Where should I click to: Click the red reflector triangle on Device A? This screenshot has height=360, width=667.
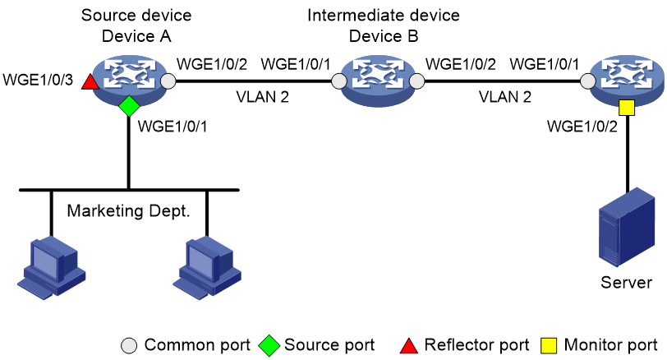pos(90,82)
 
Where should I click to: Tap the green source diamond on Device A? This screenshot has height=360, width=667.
pos(129,105)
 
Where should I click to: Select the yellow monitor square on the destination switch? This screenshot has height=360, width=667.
pos(627,108)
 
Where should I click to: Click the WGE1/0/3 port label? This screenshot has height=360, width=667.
pos(38,80)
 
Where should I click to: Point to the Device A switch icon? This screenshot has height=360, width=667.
pos(130,81)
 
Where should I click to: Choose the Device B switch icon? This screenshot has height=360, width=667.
pos(378,81)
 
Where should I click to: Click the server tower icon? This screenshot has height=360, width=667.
pos(626,227)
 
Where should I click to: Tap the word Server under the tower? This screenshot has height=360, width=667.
pos(626,282)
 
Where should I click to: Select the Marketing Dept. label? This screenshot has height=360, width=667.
pos(128,211)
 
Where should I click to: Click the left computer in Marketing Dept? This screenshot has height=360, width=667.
pos(52,268)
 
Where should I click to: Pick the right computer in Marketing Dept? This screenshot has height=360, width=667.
pos(207,268)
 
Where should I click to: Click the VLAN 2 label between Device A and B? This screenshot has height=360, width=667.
pos(263,97)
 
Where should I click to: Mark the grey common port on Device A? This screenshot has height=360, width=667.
pos(168,81)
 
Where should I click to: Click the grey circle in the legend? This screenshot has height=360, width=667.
pos(129,345)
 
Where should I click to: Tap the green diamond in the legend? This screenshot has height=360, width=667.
pos(269,345)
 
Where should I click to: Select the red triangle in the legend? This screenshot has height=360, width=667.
pos(409,346)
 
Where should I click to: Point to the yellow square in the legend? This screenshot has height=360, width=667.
pos(549,345)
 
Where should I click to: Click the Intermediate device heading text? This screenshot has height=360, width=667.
pos(384,16)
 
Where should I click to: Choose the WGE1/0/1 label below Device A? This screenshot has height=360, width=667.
pos(172,127)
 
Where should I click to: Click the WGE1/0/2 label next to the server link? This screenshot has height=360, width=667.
pos(582,127)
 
